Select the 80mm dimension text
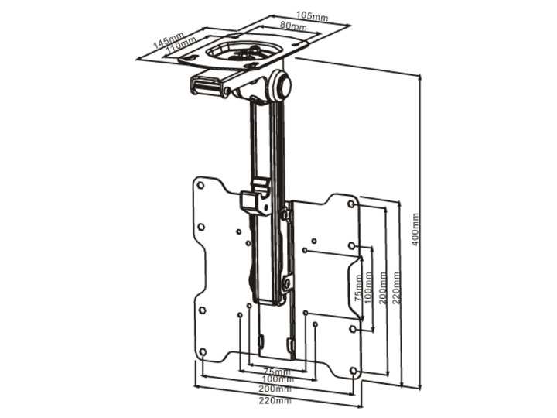point(292,26)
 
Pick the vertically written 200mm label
point(384,287)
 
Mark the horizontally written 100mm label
point(276,380)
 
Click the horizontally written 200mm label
point(276,390)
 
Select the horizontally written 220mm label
point(276,400)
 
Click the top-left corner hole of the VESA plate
point(200,187)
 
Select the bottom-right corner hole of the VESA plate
point(354,372)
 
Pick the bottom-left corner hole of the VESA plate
point(202,353)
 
